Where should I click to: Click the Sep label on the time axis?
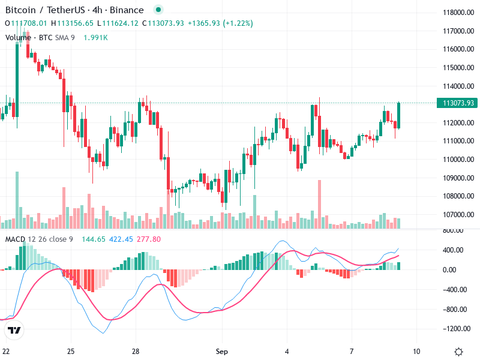click(221, 351)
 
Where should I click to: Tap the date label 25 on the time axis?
click(71, 351)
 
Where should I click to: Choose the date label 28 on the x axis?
click(136, 351)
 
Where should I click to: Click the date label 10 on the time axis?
click(416, 351)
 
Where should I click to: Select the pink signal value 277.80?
click(149, 239)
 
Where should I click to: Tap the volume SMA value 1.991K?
click(95, 38)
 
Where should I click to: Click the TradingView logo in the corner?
click(14, 331)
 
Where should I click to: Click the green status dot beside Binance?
click(158, 10)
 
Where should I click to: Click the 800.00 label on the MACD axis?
click(455, 230)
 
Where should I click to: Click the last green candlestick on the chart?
click(399, 115)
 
